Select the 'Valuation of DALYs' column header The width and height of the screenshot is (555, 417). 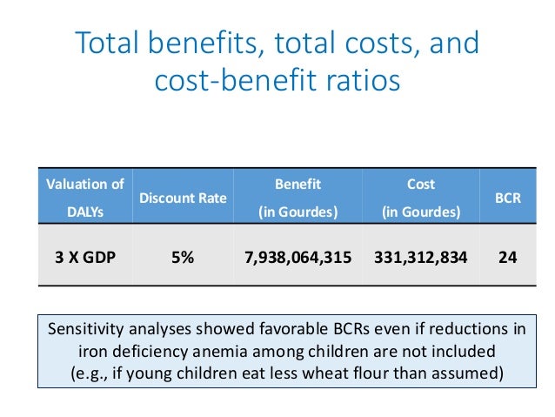pyautogui.click(x=84, y=198)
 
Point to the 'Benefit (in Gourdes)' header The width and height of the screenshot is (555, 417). pyautogui.click(x=298, y=198)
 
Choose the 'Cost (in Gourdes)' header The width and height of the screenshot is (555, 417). pyautogui.click(x=421, y=198)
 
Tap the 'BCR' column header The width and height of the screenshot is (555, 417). pyautogui.click(x=508, y=198)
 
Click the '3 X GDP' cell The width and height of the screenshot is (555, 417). pyautogui.click(x=84, y=258)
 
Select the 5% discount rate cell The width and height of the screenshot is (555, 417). pyautogui.click(x=183, y=258)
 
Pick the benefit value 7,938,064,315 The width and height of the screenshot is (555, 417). pyautogui.click(x=298, y=258)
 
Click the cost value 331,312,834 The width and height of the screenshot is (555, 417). pyautogui.click(x=421, y=258)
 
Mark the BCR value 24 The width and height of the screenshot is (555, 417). pyautogui.click(x=508, y=258)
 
